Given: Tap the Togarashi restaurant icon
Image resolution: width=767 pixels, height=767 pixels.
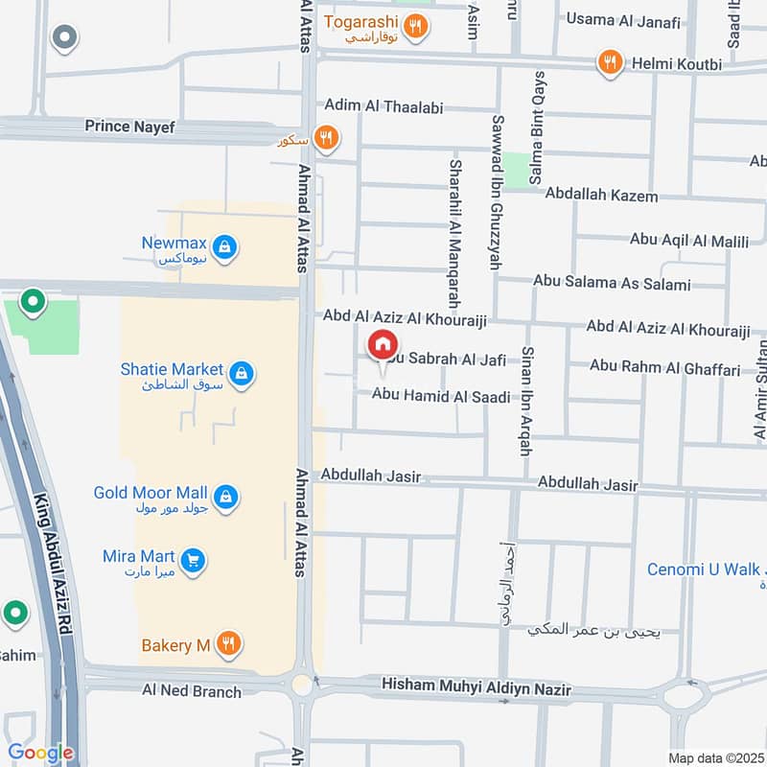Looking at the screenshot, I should [x=415, y=26].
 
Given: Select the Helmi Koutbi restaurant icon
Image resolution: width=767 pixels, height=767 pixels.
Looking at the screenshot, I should [x=610, y=63].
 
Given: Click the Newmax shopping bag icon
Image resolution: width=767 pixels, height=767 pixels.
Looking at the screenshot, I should [x=224, y=248].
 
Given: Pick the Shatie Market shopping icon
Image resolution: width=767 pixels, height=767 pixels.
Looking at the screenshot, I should [x=242, y=373].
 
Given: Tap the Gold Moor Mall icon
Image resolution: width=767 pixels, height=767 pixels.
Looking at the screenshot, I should [x=226, y=496].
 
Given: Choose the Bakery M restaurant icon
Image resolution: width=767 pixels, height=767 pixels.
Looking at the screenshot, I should [x=228, y=644].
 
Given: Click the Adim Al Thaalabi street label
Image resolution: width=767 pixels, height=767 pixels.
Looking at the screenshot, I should [x=383, y=107].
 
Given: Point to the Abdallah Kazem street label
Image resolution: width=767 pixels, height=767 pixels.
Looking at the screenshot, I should [x=601, y=196].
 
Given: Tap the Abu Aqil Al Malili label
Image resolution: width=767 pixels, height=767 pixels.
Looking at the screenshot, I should [x=688, y=241].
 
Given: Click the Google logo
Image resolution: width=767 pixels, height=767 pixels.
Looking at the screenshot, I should [x=40, y=753].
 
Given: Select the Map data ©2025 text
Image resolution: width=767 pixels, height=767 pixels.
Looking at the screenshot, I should [x=713, y=757].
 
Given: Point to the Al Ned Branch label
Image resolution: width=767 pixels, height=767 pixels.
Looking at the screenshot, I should [x=192, y=690].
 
